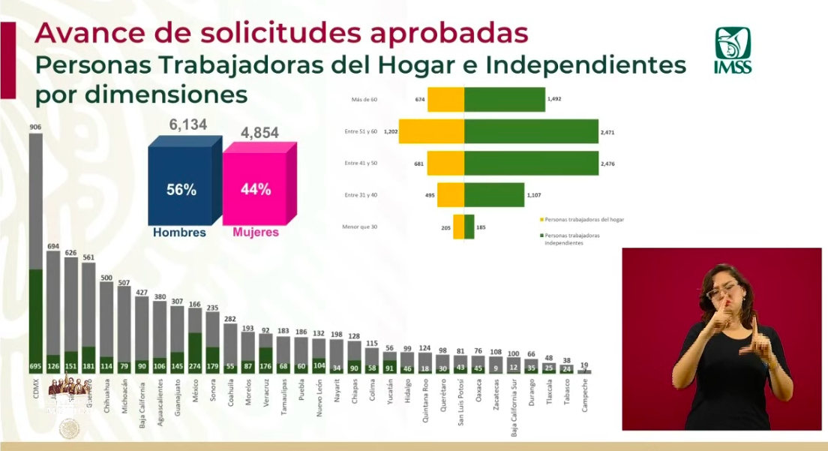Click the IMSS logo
point(732,50)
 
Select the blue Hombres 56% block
point(181,187)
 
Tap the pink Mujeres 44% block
point(255,188)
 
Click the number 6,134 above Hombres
point(187,125)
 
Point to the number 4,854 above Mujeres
point(259,133)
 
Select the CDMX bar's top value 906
point(35,128)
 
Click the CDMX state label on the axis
point(35,391)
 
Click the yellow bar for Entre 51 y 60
point(431,131)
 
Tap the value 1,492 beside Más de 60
point(554,99)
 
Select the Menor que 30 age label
point(359,227)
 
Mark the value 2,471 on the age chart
point(607,131)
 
